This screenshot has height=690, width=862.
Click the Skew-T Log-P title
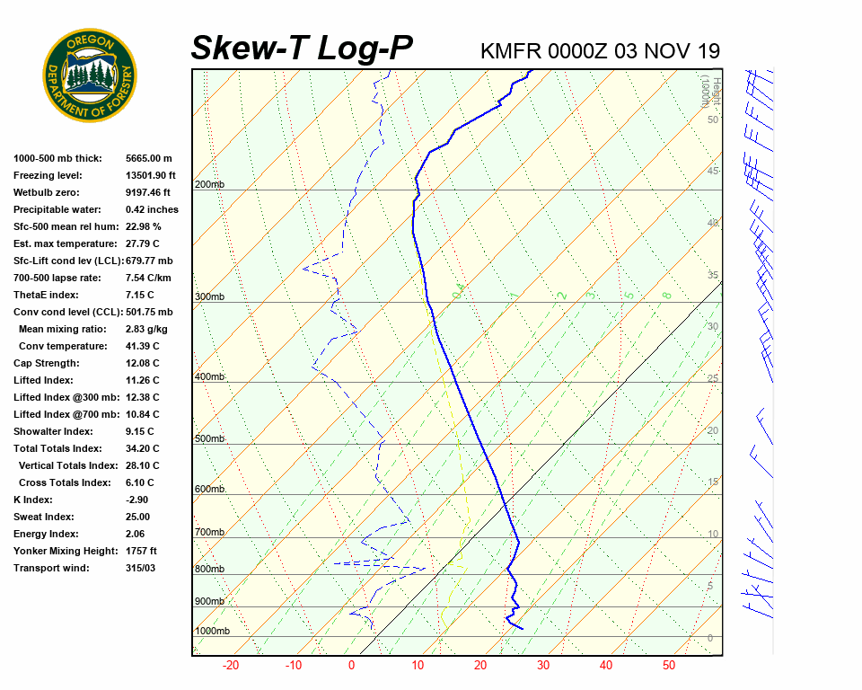(x=302, y=48)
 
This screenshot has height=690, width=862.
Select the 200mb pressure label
(x=209, y=185)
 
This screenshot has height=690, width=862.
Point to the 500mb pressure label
(x=209, y=438)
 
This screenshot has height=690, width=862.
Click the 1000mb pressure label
(x=212, y=632)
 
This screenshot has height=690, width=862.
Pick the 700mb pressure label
(x=209, y=533)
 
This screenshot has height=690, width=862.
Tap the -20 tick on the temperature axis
(x=231, y=666)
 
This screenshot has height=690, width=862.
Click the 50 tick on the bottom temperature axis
(x=669, y=666)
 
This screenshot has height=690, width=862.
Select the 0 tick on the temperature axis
(x=351, y=666)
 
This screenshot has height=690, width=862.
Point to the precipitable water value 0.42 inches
(x=152, y=209)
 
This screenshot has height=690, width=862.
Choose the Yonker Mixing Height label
(x=65, y=551)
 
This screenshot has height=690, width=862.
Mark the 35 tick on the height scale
(x=713, y=275)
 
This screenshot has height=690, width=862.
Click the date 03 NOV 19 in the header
(x=667, y=51)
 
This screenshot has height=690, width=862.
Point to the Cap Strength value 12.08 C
(x=142, y=363)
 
